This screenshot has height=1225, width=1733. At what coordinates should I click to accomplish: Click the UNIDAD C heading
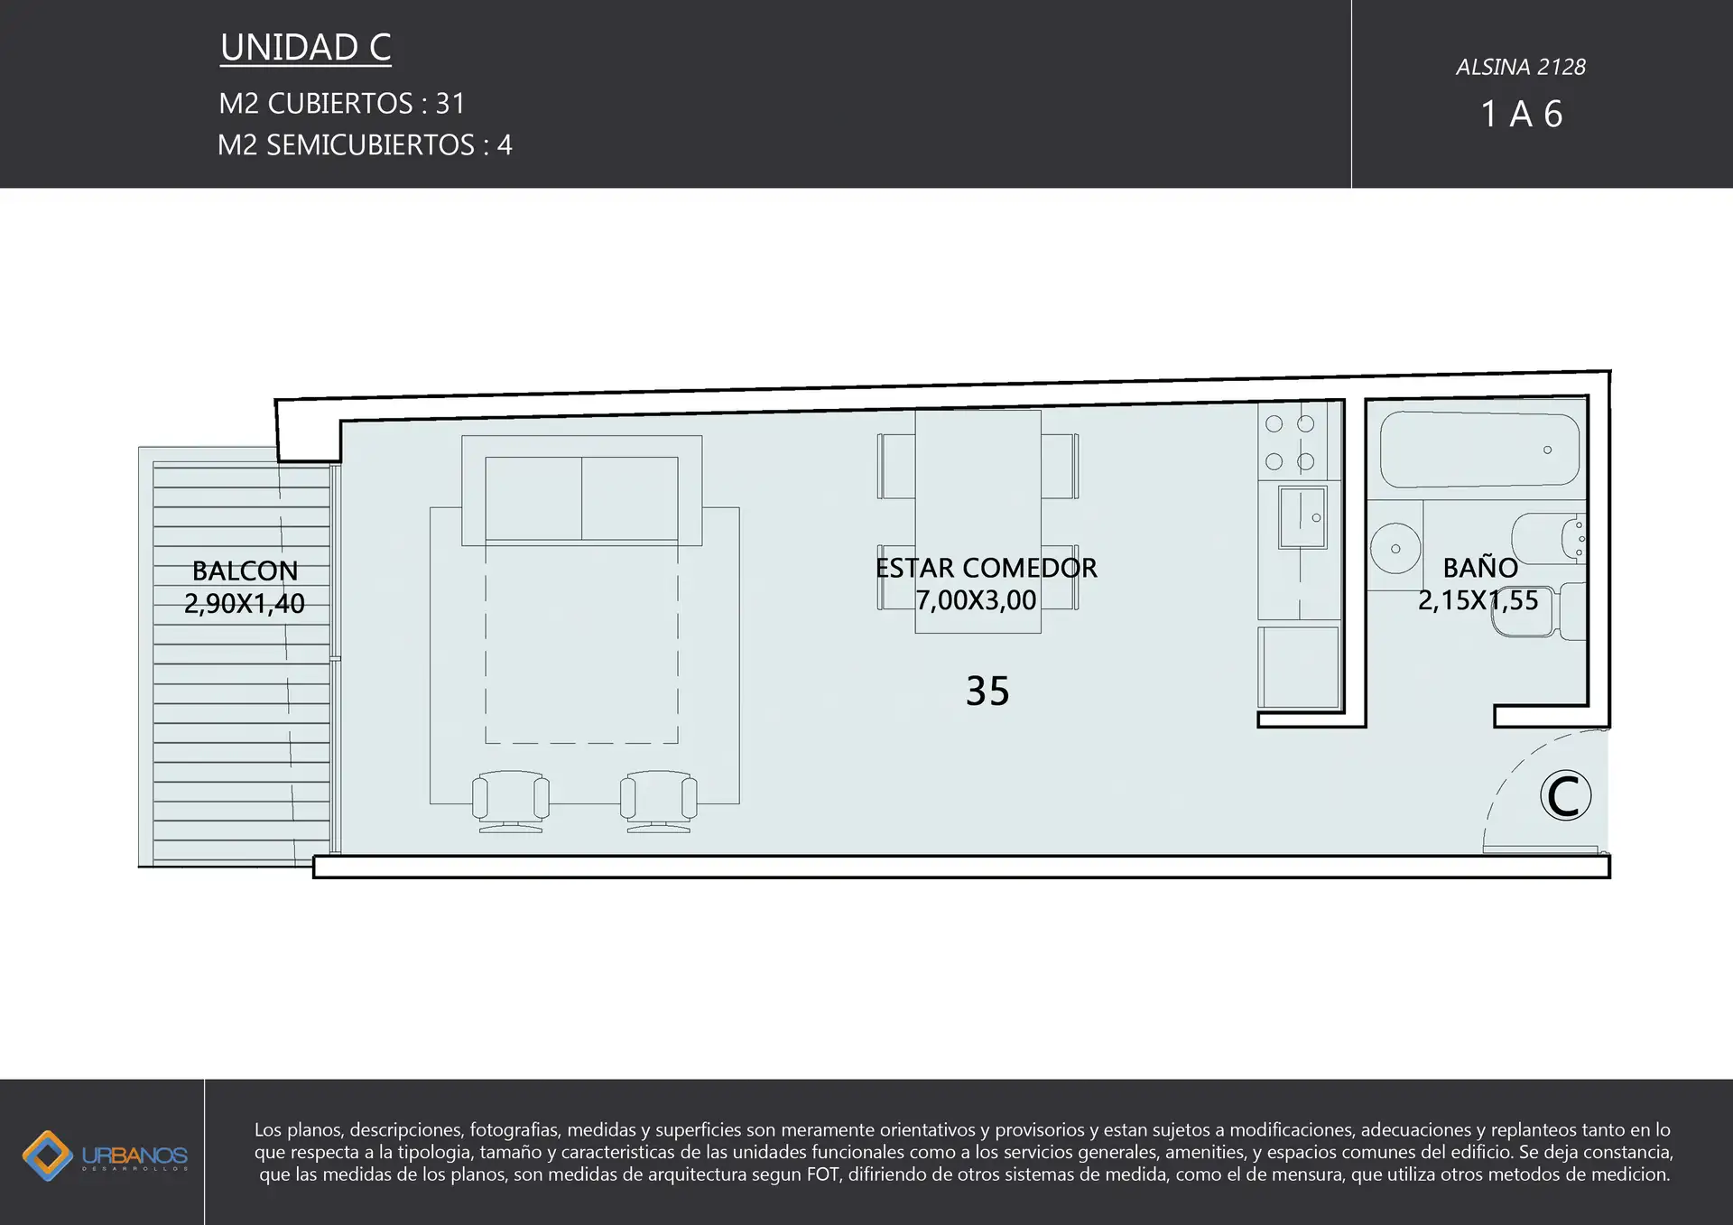click(305, 48)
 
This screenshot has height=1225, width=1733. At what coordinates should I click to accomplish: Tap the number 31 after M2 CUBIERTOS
click(450, 104)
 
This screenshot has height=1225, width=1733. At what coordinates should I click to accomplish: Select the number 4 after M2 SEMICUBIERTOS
click(505, 145)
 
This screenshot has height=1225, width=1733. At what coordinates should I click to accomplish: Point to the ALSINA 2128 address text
click(1521, 67)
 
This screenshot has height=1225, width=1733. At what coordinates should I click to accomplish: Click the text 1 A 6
click(1522, 114)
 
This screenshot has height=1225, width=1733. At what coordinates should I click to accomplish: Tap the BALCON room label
click(245, 571)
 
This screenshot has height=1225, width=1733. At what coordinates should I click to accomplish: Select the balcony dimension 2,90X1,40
click(245, 603)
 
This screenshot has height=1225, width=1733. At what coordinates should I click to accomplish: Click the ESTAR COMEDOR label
click(986, 568)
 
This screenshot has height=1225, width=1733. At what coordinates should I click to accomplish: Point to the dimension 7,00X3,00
click(976, 600)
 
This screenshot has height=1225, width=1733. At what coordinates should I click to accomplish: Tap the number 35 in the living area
click(987, 691)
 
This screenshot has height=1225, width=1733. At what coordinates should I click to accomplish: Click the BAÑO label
click(1480, 567)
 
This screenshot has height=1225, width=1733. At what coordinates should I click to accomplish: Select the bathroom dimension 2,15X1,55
click(1478, 600)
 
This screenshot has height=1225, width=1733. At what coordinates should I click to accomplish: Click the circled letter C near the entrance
click(1565, 795)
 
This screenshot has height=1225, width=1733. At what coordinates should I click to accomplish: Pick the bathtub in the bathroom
click(1480, 449)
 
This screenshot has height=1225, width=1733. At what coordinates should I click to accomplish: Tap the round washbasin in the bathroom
click(1395, 548)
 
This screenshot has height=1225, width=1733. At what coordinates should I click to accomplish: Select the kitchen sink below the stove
click(1302, 517)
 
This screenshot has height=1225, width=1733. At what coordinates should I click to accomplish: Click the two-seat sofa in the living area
click(581, 490)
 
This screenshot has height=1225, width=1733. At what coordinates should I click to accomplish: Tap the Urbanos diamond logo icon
click(47, 1155)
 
